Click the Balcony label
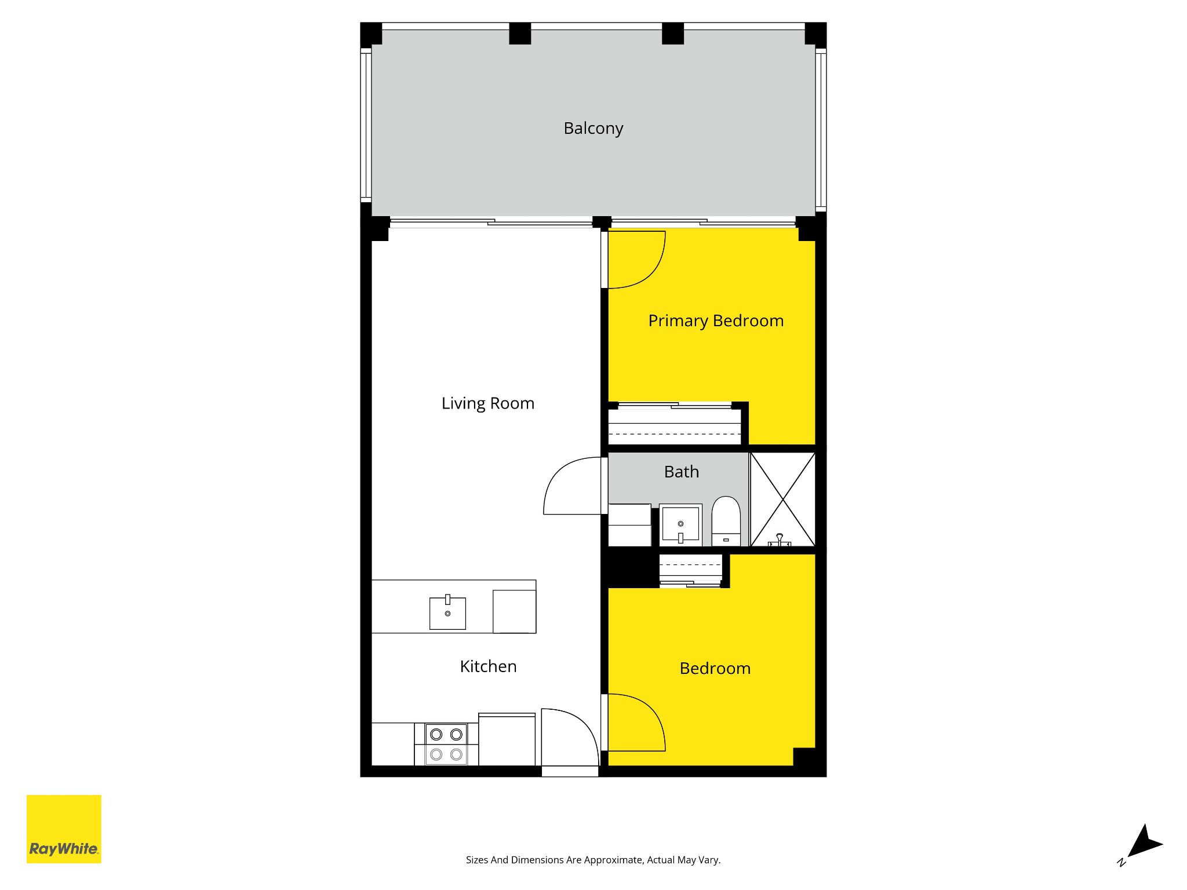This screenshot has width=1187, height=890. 593,128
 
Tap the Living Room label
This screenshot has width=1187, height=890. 487,403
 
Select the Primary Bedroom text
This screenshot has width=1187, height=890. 716,320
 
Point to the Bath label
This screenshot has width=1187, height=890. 682,472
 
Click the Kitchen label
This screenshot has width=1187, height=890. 488,666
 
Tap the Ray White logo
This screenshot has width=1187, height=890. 64,829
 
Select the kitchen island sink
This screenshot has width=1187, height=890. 447,612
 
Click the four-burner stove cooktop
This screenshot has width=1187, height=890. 446,744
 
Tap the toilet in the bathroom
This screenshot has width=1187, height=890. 726,520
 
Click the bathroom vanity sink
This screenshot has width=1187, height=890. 680,525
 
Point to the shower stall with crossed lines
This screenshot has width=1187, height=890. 783,499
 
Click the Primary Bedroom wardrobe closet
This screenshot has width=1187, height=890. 675,425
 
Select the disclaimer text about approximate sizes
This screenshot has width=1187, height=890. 593,860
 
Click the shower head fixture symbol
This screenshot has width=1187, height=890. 780,540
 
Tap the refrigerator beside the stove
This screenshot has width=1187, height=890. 507,739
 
